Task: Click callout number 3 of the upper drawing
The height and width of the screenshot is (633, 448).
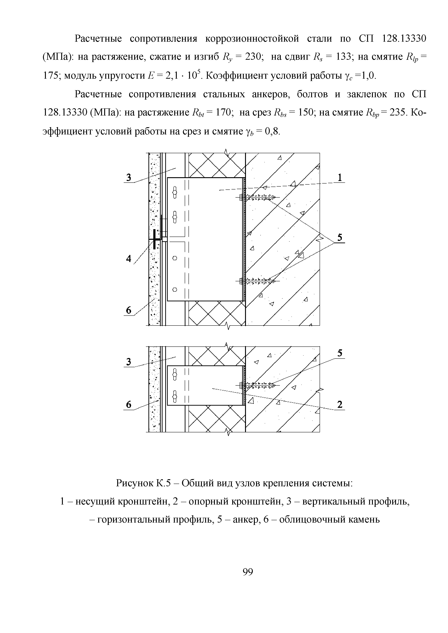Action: tap(129, 178)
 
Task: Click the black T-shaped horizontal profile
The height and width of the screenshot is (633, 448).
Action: tap(155, 239)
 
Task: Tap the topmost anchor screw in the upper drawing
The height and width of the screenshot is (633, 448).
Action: tap(258, 197)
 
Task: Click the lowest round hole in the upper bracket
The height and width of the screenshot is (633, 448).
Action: tap(175, 289)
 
